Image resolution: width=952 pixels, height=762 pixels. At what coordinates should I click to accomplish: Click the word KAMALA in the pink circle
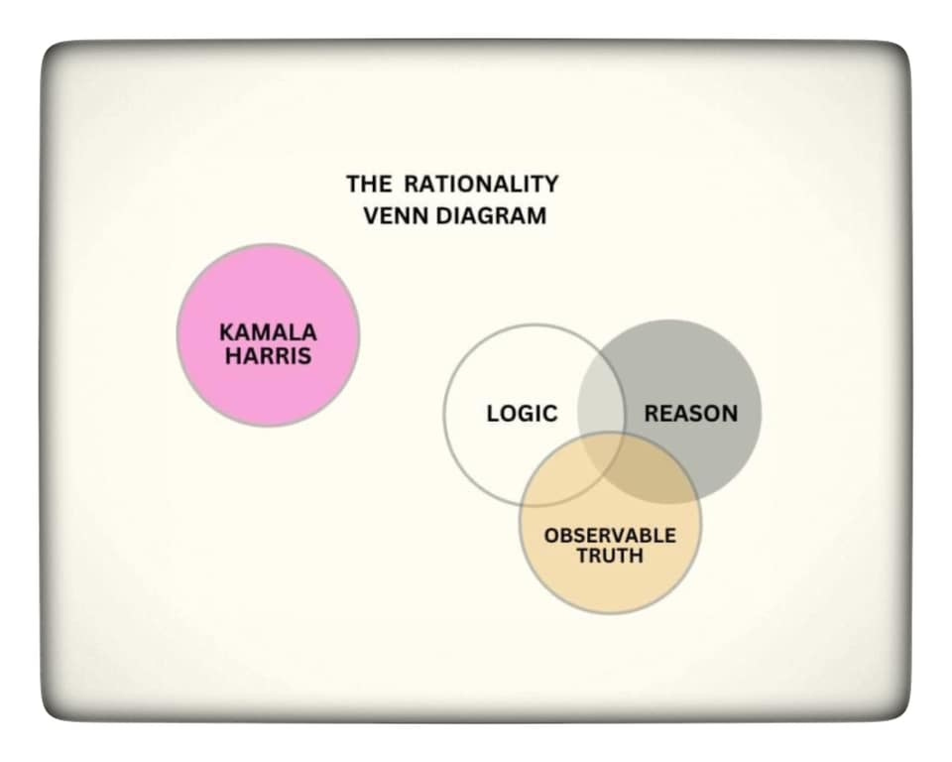click(268, 333)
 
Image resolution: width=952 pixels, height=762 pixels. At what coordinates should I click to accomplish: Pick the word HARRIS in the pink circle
click(268, 356)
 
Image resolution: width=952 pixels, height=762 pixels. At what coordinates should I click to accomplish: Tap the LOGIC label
click(522, 414)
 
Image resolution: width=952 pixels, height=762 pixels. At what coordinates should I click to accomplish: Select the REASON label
click(691, 414)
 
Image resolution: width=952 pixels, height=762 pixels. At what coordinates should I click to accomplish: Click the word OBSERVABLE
click(610, 536)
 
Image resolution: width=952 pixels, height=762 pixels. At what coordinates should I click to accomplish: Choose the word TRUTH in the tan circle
click(610, 557)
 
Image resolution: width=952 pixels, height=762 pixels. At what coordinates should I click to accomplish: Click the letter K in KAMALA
click(225, 333)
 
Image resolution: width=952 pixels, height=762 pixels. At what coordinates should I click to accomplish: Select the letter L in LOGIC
click(492, 414)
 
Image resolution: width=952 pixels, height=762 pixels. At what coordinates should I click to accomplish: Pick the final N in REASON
click(730, 414)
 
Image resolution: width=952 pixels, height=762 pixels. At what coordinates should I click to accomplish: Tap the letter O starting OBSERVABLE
click(550, 536)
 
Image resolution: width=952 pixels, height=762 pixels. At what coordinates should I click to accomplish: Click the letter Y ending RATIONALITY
click(551, 184)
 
